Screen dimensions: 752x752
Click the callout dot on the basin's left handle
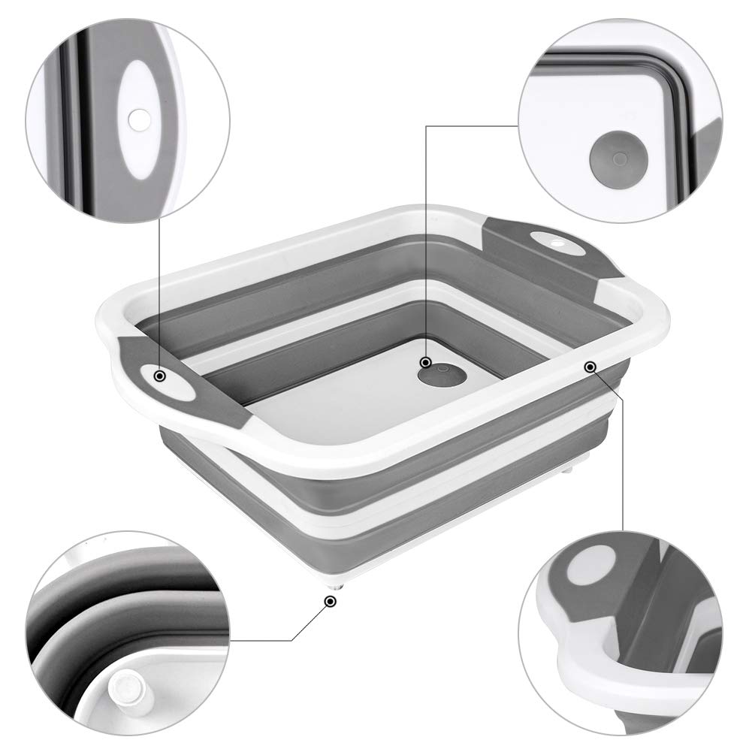pos(159,376)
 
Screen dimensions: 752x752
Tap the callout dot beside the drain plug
pos(426,363)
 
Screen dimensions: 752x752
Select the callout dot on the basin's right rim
pos(590,367)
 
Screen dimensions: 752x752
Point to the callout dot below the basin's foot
pos(329,601)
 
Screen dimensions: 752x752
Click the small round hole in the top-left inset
pos(138,119)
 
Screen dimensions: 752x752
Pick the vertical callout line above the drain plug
pos(427,240)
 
